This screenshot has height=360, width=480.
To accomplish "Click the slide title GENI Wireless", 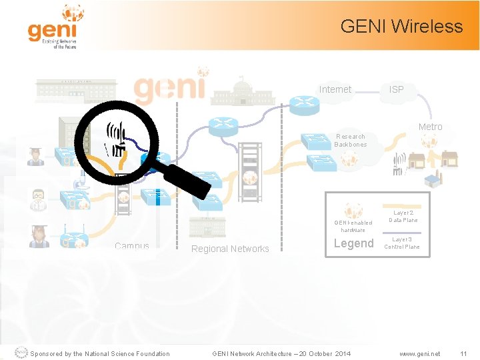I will (x=401, y=27).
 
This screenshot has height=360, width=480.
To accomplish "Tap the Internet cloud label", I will (x=335, y=89).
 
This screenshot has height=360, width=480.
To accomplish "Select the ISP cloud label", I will (x=396, y=89).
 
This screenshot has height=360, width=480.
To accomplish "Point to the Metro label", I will (x=430, y=127).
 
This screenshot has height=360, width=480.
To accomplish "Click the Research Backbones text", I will (x=350, y=140).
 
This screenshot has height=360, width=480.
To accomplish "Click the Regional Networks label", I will (x=230, y=249).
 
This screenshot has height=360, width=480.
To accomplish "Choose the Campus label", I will (x=132, y=246).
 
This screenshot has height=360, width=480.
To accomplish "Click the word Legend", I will (x=353, y=243).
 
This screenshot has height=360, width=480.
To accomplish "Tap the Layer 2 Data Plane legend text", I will (x=403, y=216).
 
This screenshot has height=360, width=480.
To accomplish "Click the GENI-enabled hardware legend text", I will (x=353, y=226).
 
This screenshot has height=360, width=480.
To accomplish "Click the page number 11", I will (x=463, y=353).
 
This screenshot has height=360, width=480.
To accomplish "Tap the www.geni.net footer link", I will (x=420, y=353).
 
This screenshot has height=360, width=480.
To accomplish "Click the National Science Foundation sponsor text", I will (x=100, y=353).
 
